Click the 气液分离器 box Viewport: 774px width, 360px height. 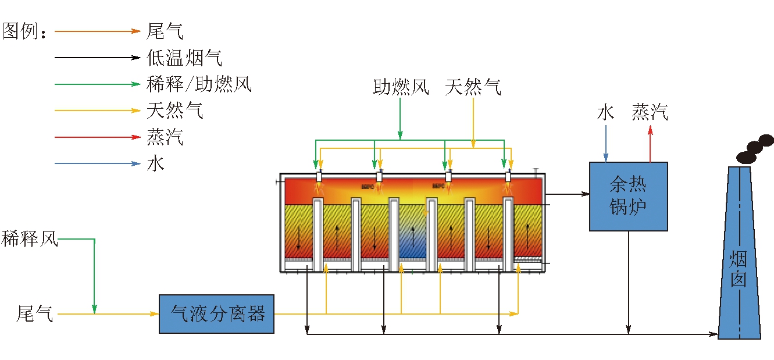[216, 314]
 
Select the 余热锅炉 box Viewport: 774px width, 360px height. [628, 196]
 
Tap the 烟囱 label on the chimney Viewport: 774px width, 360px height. [739, 269]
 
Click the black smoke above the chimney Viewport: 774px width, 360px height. [755, 149]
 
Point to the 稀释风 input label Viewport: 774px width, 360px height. [30, 239]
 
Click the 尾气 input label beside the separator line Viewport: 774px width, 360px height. [35, 314]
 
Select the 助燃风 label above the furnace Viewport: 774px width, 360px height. [401, 87]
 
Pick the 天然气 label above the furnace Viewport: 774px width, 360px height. [473, 87]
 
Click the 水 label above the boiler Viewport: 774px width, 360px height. [605, 112]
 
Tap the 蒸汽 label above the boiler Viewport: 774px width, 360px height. [650, 112]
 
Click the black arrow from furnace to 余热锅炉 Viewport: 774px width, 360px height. [566, 194]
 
